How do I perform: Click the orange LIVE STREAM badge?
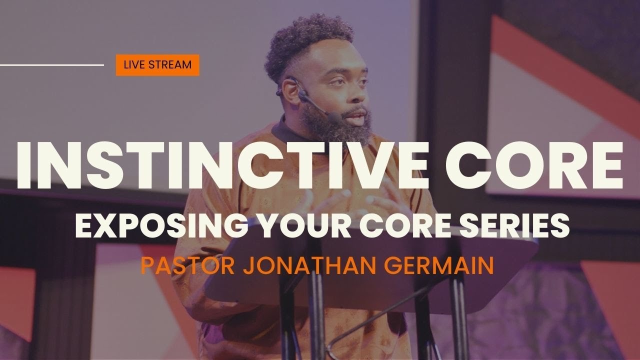pyautogui.click(x=157, y=65)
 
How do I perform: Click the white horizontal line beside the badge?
pyautogui.click(x=52, y=65)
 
